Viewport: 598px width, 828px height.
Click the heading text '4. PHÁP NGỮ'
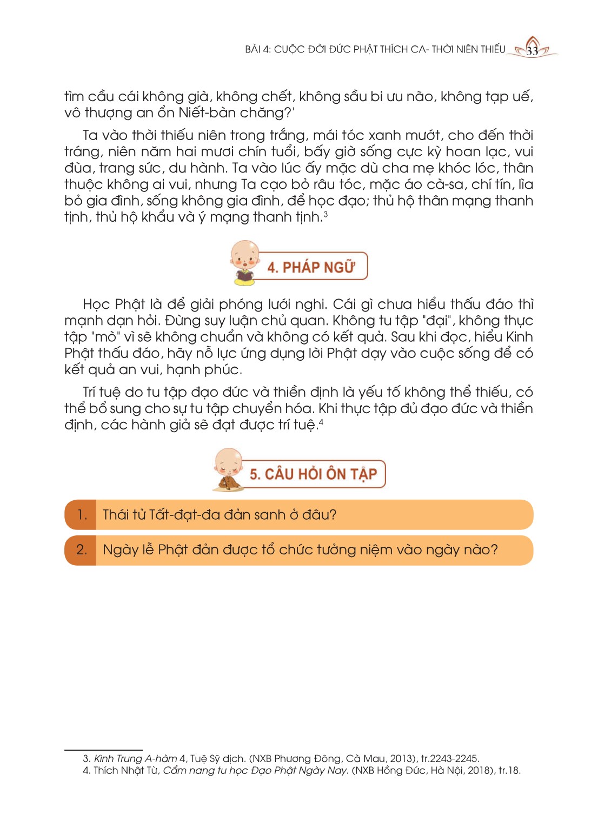pyautogui.click(x=311, y=267)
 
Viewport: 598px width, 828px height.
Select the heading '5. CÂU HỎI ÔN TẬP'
pyautogui.click(x=313, y=474)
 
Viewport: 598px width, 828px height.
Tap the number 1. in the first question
pyautogui.click(x=82, y=515)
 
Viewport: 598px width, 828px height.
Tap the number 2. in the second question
pyautogui.click(x=82, y=550)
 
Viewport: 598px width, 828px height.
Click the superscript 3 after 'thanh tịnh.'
pyautogui.click(x=325, y=215)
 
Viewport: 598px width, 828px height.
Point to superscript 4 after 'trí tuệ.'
pyautogui.click(x=321, y=422)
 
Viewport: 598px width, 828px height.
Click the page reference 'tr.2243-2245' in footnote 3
pyautogui.click(x=450, y=759)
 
